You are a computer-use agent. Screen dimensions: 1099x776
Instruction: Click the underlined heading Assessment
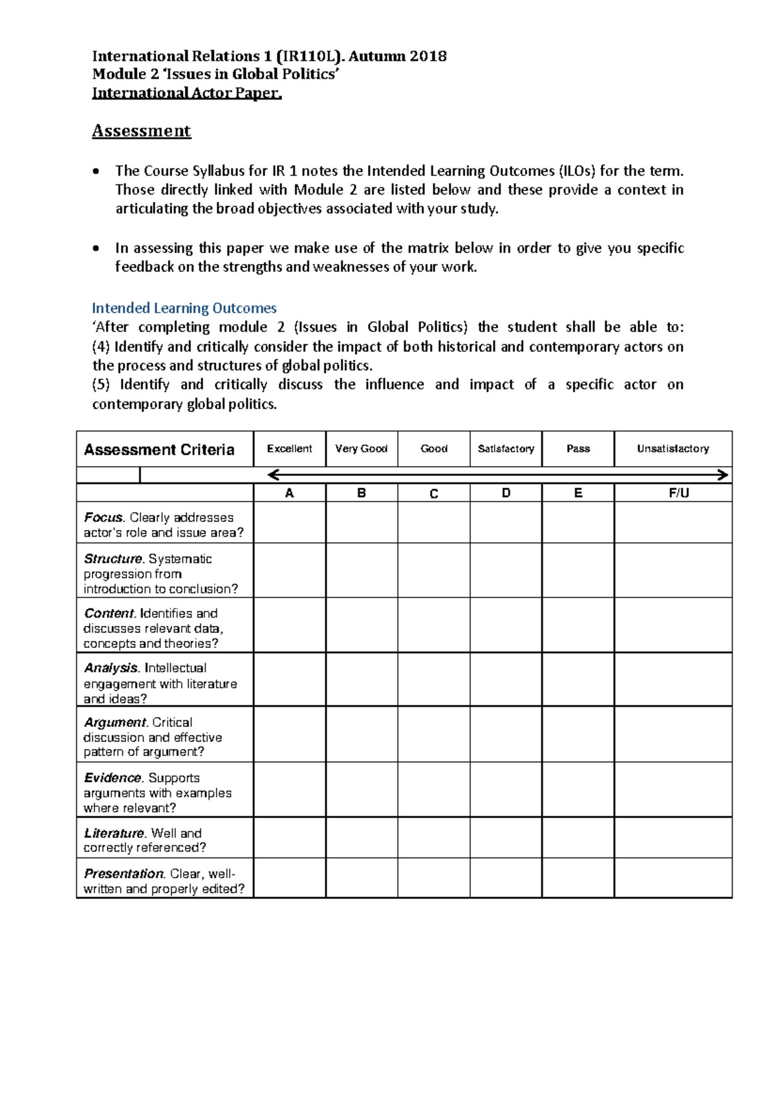click(x=141, y=131)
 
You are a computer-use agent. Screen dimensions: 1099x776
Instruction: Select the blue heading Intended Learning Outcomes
click(x=184, y=308)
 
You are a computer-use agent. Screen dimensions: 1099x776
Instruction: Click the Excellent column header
click(x=289, y=449)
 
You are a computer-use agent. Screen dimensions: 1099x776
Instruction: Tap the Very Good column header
click(x=361, y=449)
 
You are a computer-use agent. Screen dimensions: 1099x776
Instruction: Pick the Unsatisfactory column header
click(x=673, y=449)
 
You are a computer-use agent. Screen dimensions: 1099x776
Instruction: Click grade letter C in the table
click(x=434, y=493)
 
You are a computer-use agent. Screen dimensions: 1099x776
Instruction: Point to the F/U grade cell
click(x=678, y=493)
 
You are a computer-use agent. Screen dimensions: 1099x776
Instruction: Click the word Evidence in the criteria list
click(x=113, y=777)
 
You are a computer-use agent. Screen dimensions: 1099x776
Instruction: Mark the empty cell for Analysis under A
click(x=289, y=680)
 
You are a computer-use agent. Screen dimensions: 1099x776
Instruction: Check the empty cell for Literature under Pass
click(x=577, y=838)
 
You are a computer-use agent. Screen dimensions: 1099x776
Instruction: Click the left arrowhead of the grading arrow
click(x=273, y=476)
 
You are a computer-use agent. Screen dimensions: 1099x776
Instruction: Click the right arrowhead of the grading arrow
click(x=724, y=476)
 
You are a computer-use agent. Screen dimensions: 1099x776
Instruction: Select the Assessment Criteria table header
click(x=159, y=450)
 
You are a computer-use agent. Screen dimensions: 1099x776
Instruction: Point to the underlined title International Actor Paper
click(x=187, y=93)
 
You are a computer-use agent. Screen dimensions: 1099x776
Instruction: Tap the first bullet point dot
click(x=96, y=172)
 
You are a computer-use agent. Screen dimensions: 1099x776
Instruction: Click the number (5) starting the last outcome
click(x=101, y=384)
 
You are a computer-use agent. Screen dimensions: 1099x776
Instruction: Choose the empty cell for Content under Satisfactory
click(x=506, y=625)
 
